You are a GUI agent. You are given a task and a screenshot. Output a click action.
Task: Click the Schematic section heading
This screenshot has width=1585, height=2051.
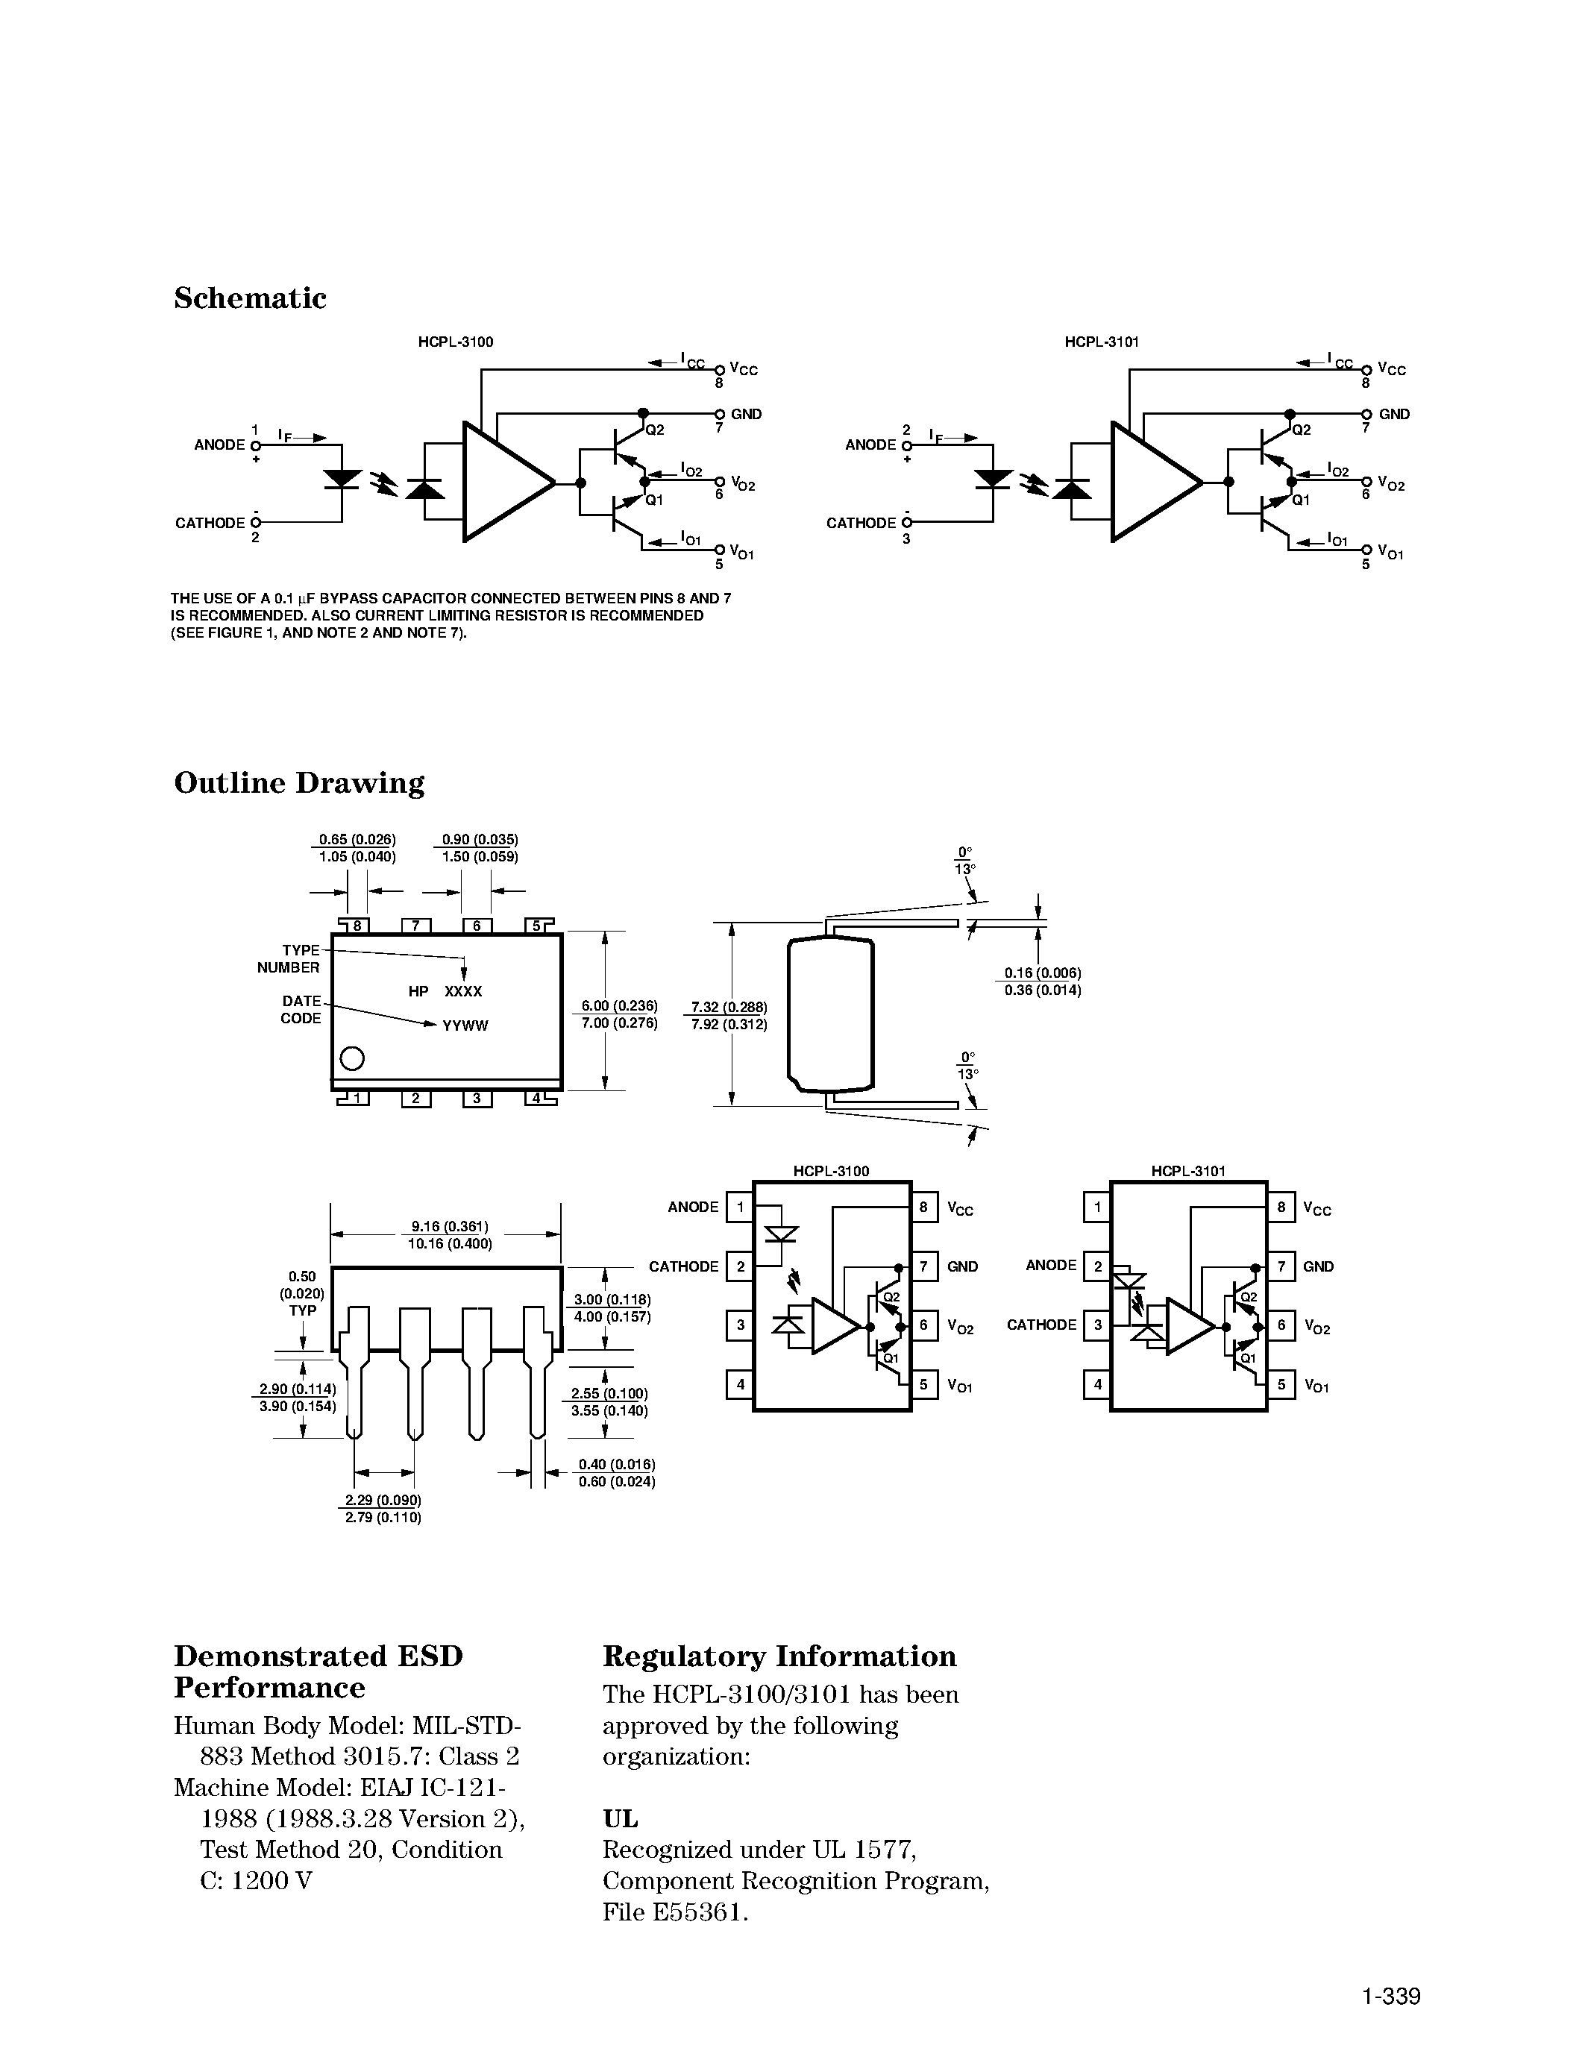click(x=250, y=298)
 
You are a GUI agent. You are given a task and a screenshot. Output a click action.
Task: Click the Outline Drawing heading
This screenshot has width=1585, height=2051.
click(x=298, y=783)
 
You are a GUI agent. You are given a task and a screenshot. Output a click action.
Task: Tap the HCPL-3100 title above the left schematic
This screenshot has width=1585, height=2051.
click(x=456, y=342)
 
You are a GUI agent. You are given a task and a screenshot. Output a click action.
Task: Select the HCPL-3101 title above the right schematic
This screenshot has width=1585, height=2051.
click(x=1102, y=342)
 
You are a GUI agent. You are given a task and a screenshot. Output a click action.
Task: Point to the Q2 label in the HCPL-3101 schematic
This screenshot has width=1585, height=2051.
click(x=1302, y=430)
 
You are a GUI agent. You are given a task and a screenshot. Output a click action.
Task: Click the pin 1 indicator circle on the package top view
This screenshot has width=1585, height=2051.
click(x=352, y=1058)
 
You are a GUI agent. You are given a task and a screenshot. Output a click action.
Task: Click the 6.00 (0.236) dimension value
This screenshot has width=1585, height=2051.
click(x=619, y=1006)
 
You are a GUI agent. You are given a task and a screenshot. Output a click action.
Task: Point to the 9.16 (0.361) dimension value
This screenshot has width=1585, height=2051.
click(x=450, y=1226)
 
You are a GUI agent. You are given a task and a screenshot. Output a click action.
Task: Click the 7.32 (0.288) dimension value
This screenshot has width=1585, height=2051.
click(x=729, y=1007)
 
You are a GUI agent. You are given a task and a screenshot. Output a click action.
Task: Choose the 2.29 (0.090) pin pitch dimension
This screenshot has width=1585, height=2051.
click(x=383, y=1500)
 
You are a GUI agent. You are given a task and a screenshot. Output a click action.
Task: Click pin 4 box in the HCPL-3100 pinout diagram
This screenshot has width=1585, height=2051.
click(x=740, y=1384)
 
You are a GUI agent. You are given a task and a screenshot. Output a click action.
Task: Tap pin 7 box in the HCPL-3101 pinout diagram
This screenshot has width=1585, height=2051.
click(x=1281, y=1266)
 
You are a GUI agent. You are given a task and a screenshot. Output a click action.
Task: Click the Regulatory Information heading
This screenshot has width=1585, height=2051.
click(x=779, y=1656)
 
